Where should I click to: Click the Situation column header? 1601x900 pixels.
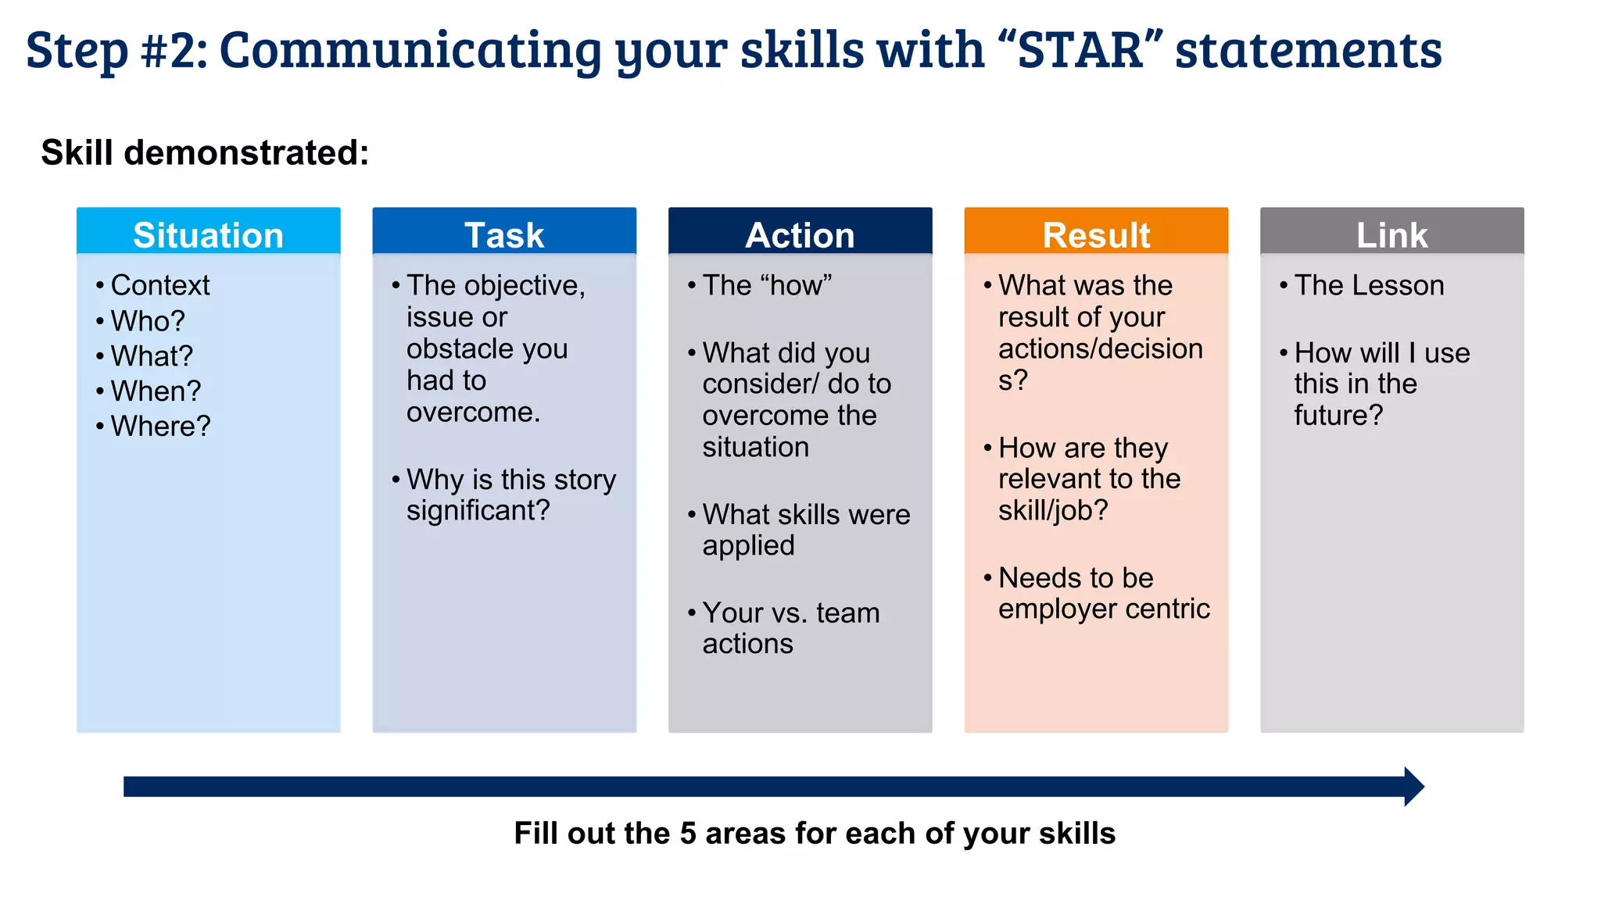coord(208,234)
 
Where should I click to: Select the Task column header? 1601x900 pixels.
coord(504,234)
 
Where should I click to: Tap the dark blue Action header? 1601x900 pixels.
coord(800,234)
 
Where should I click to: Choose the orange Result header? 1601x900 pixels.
coord(1096,234)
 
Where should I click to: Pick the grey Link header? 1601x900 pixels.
coord(1391,234)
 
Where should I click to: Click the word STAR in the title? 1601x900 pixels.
coord(1080,50)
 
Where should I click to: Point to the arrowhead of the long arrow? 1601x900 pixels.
coord(1413,786)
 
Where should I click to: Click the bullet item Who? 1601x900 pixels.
coord(148,321)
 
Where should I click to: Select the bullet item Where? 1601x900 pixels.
coord(160,426)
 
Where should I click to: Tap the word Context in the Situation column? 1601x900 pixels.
coord(160,285)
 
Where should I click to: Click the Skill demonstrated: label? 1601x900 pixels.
coord(205,152)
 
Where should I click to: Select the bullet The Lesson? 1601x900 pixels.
coord(1369,285)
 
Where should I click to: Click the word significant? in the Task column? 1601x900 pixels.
coord(478,510)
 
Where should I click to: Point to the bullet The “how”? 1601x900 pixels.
coord(766,285)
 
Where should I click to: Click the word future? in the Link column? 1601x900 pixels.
coord(1338,415)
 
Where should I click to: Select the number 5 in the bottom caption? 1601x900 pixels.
coord(687,834)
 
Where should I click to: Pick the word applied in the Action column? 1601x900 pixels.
coord(748,545)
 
